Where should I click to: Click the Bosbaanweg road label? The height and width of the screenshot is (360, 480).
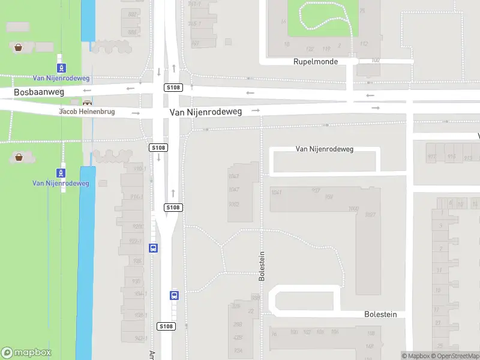click(39, 93)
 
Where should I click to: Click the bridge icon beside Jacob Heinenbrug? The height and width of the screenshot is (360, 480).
click(88, 103)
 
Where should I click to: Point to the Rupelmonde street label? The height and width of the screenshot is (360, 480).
click(316, 62)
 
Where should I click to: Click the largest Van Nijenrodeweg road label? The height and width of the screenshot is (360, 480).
click(205, 112)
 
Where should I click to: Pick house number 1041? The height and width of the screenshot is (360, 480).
click(277, 192)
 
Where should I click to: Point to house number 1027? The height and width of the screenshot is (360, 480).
click(370, 215)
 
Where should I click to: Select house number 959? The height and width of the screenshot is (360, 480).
click(329, 197)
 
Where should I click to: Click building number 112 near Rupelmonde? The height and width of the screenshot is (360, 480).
click(364, 43)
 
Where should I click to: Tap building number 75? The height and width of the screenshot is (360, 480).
click(362, 11)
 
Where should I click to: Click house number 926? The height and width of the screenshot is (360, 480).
click(137, 261)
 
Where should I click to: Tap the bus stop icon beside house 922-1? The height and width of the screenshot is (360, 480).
click(154, 248)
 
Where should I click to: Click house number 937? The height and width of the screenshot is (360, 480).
click(316, 190)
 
